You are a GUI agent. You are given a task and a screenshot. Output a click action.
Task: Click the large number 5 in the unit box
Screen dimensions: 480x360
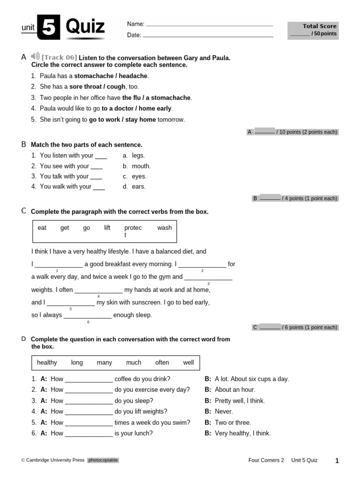click(48, 28)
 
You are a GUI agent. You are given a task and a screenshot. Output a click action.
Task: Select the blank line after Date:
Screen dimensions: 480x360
click(208, 36)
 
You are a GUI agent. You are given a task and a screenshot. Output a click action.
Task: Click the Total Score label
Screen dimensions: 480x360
click(319, 26)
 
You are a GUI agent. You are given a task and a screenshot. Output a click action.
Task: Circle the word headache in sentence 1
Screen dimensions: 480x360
click(134, 76)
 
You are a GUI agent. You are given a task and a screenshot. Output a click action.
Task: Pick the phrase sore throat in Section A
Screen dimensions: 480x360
click(86, 87)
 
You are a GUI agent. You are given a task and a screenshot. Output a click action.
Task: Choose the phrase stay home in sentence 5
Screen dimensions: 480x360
click(141, 120)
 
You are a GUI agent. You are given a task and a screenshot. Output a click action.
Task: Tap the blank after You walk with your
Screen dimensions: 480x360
click(99, 187)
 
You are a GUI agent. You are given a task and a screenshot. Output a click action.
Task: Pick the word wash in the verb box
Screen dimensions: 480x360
click(165, 228)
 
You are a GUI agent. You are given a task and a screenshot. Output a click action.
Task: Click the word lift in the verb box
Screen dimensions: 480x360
click(107, 228)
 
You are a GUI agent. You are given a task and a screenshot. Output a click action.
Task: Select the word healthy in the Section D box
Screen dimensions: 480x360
click(47, 362)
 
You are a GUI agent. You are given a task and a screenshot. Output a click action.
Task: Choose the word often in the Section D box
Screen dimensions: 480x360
click(162, 362)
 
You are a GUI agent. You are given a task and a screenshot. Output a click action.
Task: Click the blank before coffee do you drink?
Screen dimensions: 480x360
click(89, 379)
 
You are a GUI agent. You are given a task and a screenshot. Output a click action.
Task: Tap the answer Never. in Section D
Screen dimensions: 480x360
click(224, 412)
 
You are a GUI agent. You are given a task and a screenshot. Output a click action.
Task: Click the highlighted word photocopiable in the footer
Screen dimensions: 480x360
click(103, 460)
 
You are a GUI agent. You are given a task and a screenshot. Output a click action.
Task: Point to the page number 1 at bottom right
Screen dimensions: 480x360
click(337, 461)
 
